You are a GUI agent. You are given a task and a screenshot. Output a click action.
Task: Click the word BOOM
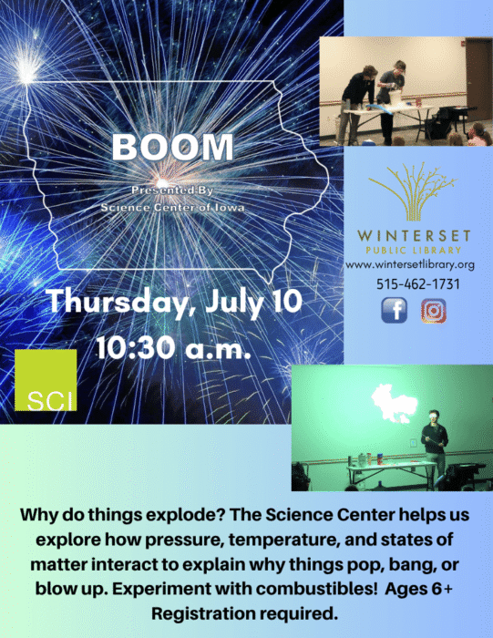(173, 147)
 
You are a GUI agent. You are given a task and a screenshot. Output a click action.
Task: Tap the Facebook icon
(395, 311)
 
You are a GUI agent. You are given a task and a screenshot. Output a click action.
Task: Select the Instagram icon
(434, 311)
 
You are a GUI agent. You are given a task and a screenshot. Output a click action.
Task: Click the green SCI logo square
(46, 380)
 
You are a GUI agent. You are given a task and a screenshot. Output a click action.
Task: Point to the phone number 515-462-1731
(418, 283)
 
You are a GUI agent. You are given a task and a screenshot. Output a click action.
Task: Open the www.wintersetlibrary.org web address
(410, 265)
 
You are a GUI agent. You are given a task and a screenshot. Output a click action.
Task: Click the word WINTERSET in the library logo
(414, 235)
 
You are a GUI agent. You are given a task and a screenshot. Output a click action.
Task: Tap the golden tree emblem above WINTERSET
(414, 190)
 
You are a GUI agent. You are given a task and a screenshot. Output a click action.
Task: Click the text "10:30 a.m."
(173, 348)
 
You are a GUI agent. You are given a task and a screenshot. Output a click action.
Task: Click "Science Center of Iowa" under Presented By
(173, 208)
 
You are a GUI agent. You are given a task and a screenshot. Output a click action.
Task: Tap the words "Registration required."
(245, 613)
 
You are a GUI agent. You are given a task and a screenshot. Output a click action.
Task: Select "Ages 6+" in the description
(419, 589)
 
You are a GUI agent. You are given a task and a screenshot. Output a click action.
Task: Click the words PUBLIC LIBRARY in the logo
(414, 251)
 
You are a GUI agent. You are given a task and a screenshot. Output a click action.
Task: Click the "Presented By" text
(172, 190)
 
